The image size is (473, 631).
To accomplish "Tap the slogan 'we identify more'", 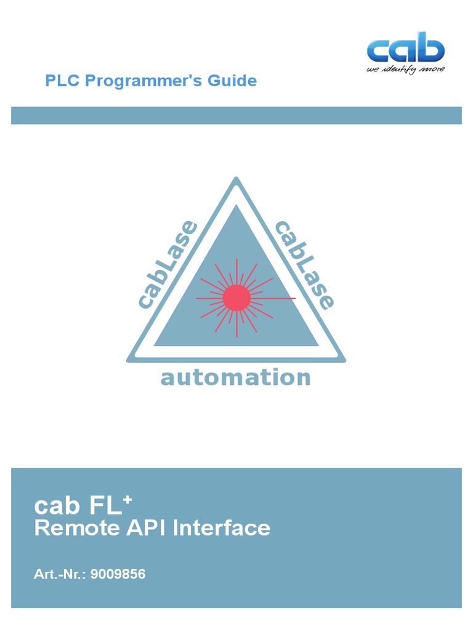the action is point(405,69).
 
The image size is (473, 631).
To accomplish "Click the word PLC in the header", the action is point(62,81).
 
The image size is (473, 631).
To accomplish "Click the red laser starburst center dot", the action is point(236,298).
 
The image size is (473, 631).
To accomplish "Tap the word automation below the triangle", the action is point(236,378).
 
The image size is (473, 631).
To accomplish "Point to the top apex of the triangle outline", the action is point(236,180).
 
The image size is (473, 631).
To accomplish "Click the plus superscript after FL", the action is point(127,501).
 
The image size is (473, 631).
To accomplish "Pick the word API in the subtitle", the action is point(135,528).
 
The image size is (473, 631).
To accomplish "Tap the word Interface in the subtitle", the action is point(221,528).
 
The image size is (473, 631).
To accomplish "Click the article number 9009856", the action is point(118,574).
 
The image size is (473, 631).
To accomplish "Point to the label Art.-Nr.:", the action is point(60,574).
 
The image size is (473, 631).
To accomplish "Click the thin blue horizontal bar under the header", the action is point(236,115).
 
